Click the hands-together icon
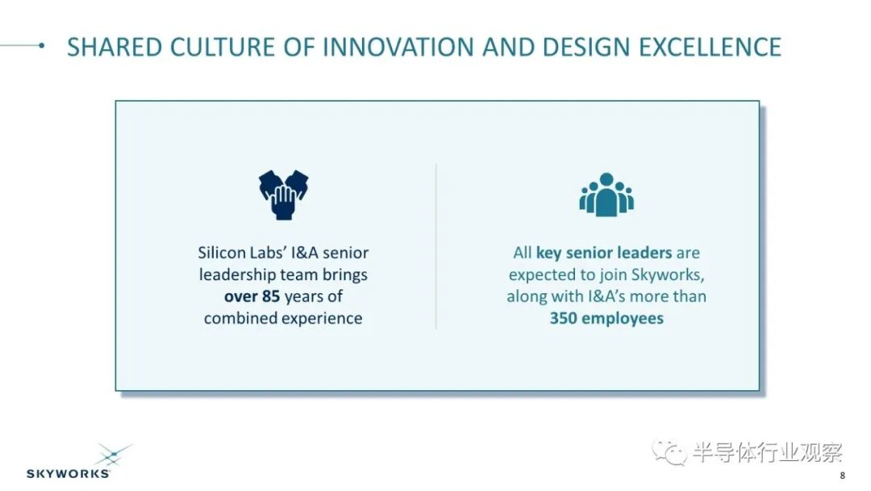(283, 195)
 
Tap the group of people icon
(606, 194)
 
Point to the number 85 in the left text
(270, 296)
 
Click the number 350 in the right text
(563, 318)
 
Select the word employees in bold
(623, 319)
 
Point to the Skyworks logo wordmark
(68, 474)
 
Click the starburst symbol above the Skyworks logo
(115, 455)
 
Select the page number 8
(843, 476)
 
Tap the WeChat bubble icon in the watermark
(669, 451)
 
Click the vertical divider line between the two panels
(436, 245)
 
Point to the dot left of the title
(42, 45)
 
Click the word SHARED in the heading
(115, 47)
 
